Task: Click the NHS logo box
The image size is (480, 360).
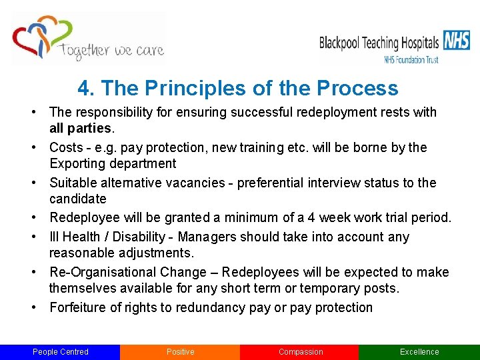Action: (x=457, y=41)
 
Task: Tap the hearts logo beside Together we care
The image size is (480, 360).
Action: (x=41, y=37)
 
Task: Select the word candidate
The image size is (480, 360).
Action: (x=77, y=199)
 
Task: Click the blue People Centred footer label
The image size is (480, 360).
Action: (x=60, y=352)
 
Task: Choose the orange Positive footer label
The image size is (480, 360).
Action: (x=180, y=352)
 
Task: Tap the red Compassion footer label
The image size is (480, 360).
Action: (x=300, y=352)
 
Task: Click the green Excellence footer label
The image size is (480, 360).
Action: (x=419, y=352)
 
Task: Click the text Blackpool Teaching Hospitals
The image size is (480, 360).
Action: (x=379, y=43)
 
